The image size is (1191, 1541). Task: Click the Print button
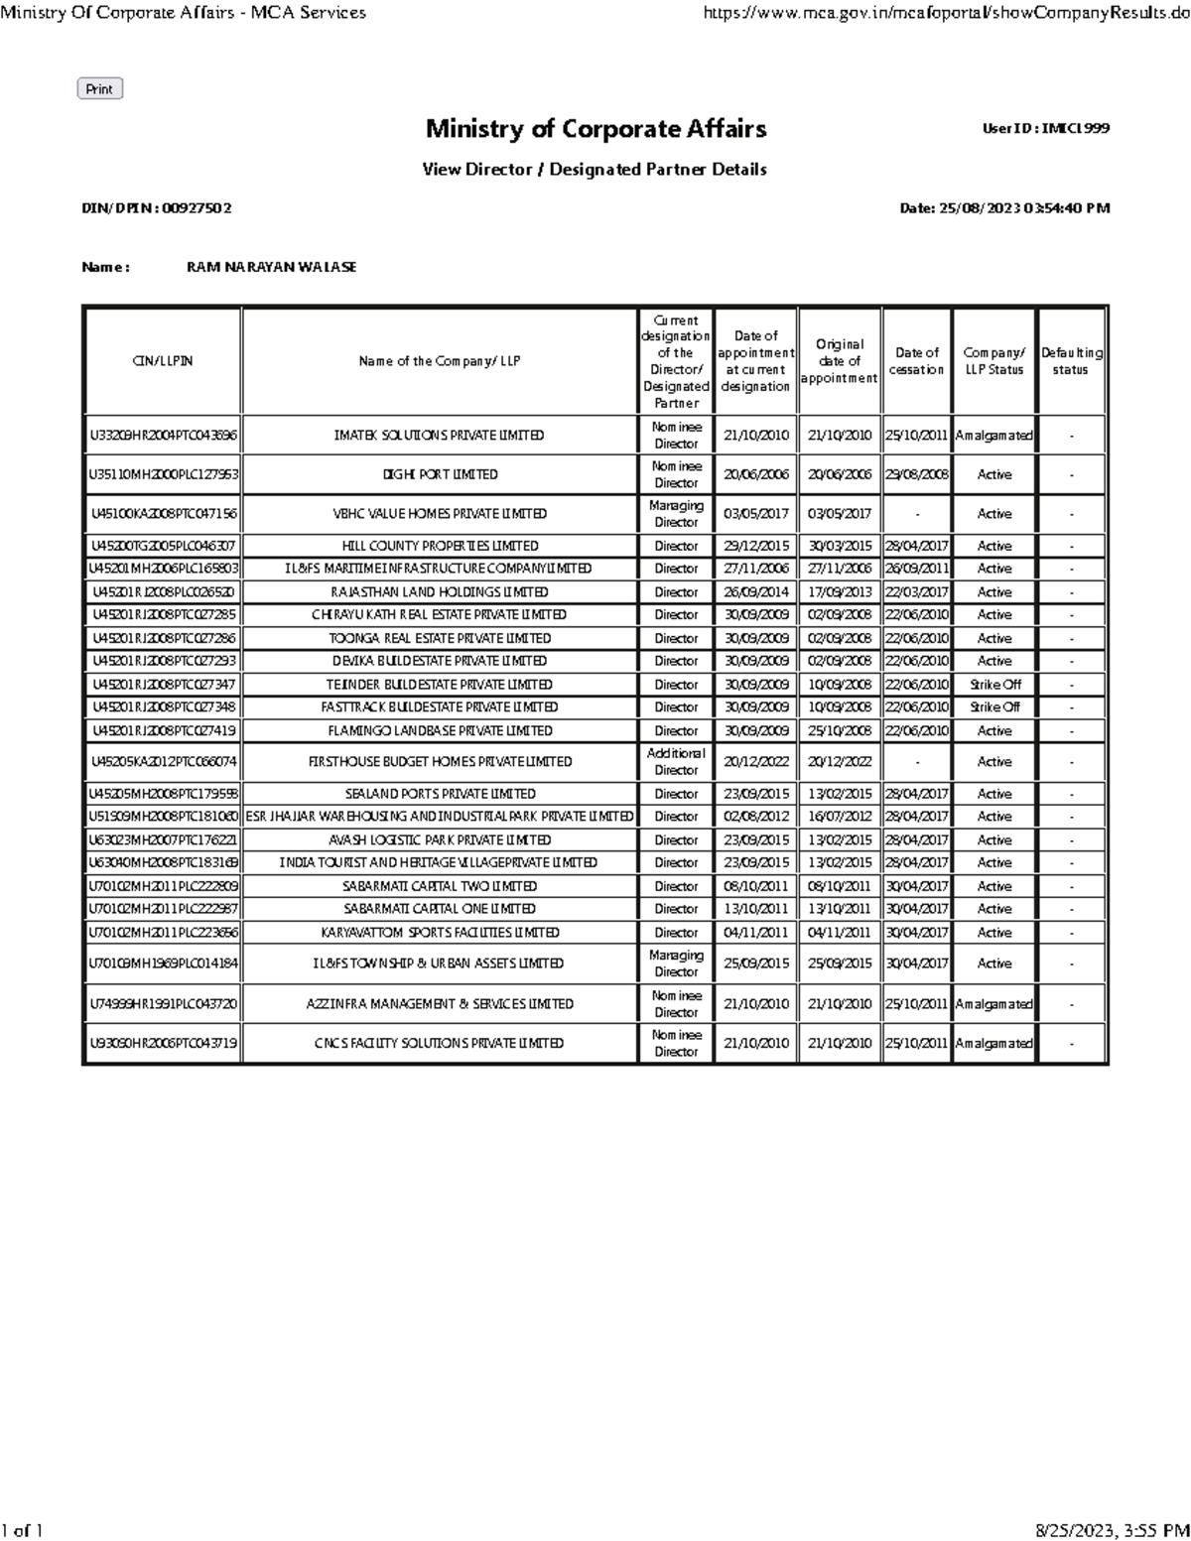[99, 89]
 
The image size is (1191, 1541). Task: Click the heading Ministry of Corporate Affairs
[595, 129]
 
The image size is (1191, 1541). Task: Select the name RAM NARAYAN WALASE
[271, 267]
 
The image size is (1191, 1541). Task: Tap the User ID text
[1045, 129]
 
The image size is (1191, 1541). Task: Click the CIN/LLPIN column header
[163, 361]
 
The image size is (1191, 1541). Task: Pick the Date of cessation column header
[916, 361]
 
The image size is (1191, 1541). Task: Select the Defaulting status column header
[1071, 361]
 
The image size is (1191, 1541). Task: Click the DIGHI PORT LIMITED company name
[440, 474]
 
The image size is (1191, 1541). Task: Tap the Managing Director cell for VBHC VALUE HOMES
[676, 514]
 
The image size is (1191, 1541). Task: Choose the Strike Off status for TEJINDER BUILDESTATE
[994, 685]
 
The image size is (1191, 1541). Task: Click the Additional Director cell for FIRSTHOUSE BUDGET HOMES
[676, 762]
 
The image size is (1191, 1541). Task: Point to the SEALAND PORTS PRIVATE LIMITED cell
[440, 794]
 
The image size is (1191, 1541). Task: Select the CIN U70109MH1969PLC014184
[163, 963]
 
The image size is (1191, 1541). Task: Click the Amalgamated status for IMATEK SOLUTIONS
[993, 436]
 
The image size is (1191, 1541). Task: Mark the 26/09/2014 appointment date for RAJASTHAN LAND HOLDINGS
[756, 592]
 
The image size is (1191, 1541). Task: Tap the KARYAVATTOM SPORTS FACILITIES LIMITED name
[440, 933]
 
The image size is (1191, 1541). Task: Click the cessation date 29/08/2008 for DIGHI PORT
[916, 474]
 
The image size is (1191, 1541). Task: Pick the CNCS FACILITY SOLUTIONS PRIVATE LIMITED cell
[440, 1044]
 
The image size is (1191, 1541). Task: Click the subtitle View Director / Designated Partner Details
[595, 170]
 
